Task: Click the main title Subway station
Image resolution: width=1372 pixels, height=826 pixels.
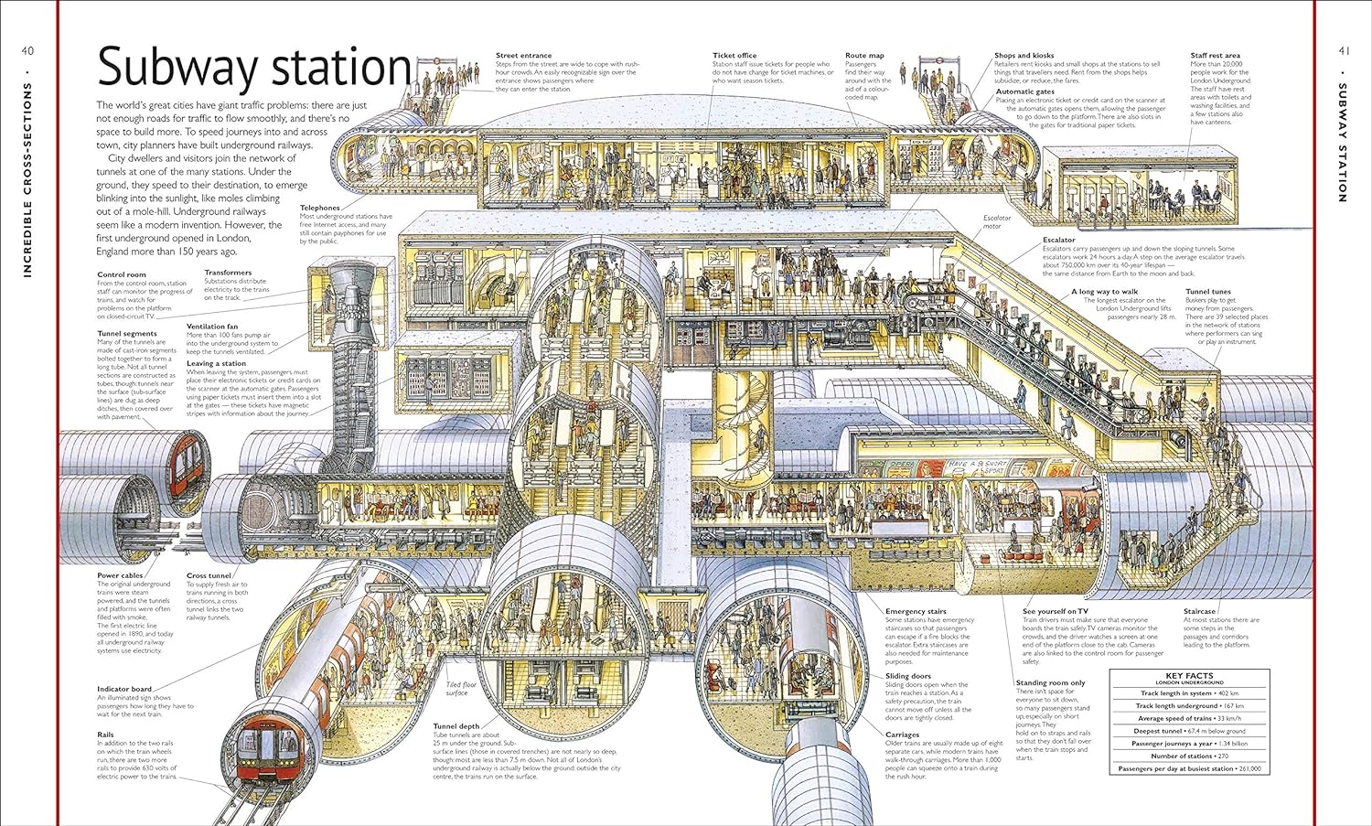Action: tap(254, 69)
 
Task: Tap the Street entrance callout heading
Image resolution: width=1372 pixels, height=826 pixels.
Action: tap(523, 56)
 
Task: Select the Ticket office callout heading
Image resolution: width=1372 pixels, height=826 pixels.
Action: tap(734, 56)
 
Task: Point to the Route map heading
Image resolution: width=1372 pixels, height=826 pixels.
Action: tap(864, 56)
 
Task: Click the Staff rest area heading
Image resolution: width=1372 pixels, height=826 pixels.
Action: tap(1215, 56)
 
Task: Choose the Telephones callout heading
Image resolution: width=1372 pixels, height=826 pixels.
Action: tap(319, 208)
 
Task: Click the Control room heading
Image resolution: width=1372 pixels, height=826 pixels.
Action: tap(122, 274)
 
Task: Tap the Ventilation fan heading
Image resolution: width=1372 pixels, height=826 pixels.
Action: tap(212, 327)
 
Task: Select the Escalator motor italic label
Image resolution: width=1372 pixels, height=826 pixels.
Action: tap(997, 221)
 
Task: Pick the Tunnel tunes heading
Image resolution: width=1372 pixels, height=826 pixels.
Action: tap(1208, 292)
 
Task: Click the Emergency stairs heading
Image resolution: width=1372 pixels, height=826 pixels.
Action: tap(916, 611)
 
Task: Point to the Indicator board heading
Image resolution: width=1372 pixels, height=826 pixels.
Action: tap(124, 689)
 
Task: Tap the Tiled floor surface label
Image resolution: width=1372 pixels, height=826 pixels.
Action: tap(461, 689)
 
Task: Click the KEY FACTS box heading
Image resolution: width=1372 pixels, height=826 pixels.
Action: tap(1189, 677)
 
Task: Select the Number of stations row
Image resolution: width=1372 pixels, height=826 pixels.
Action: tap(1189, 756)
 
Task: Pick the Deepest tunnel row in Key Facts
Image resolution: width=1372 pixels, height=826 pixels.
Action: tap(1189, 731)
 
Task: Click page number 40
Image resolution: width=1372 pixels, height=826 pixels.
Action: tap(27, 51)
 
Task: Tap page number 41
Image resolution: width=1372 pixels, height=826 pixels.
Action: tap(1343, 51)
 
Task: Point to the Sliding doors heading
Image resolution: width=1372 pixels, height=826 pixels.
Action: tap(907, 676)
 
